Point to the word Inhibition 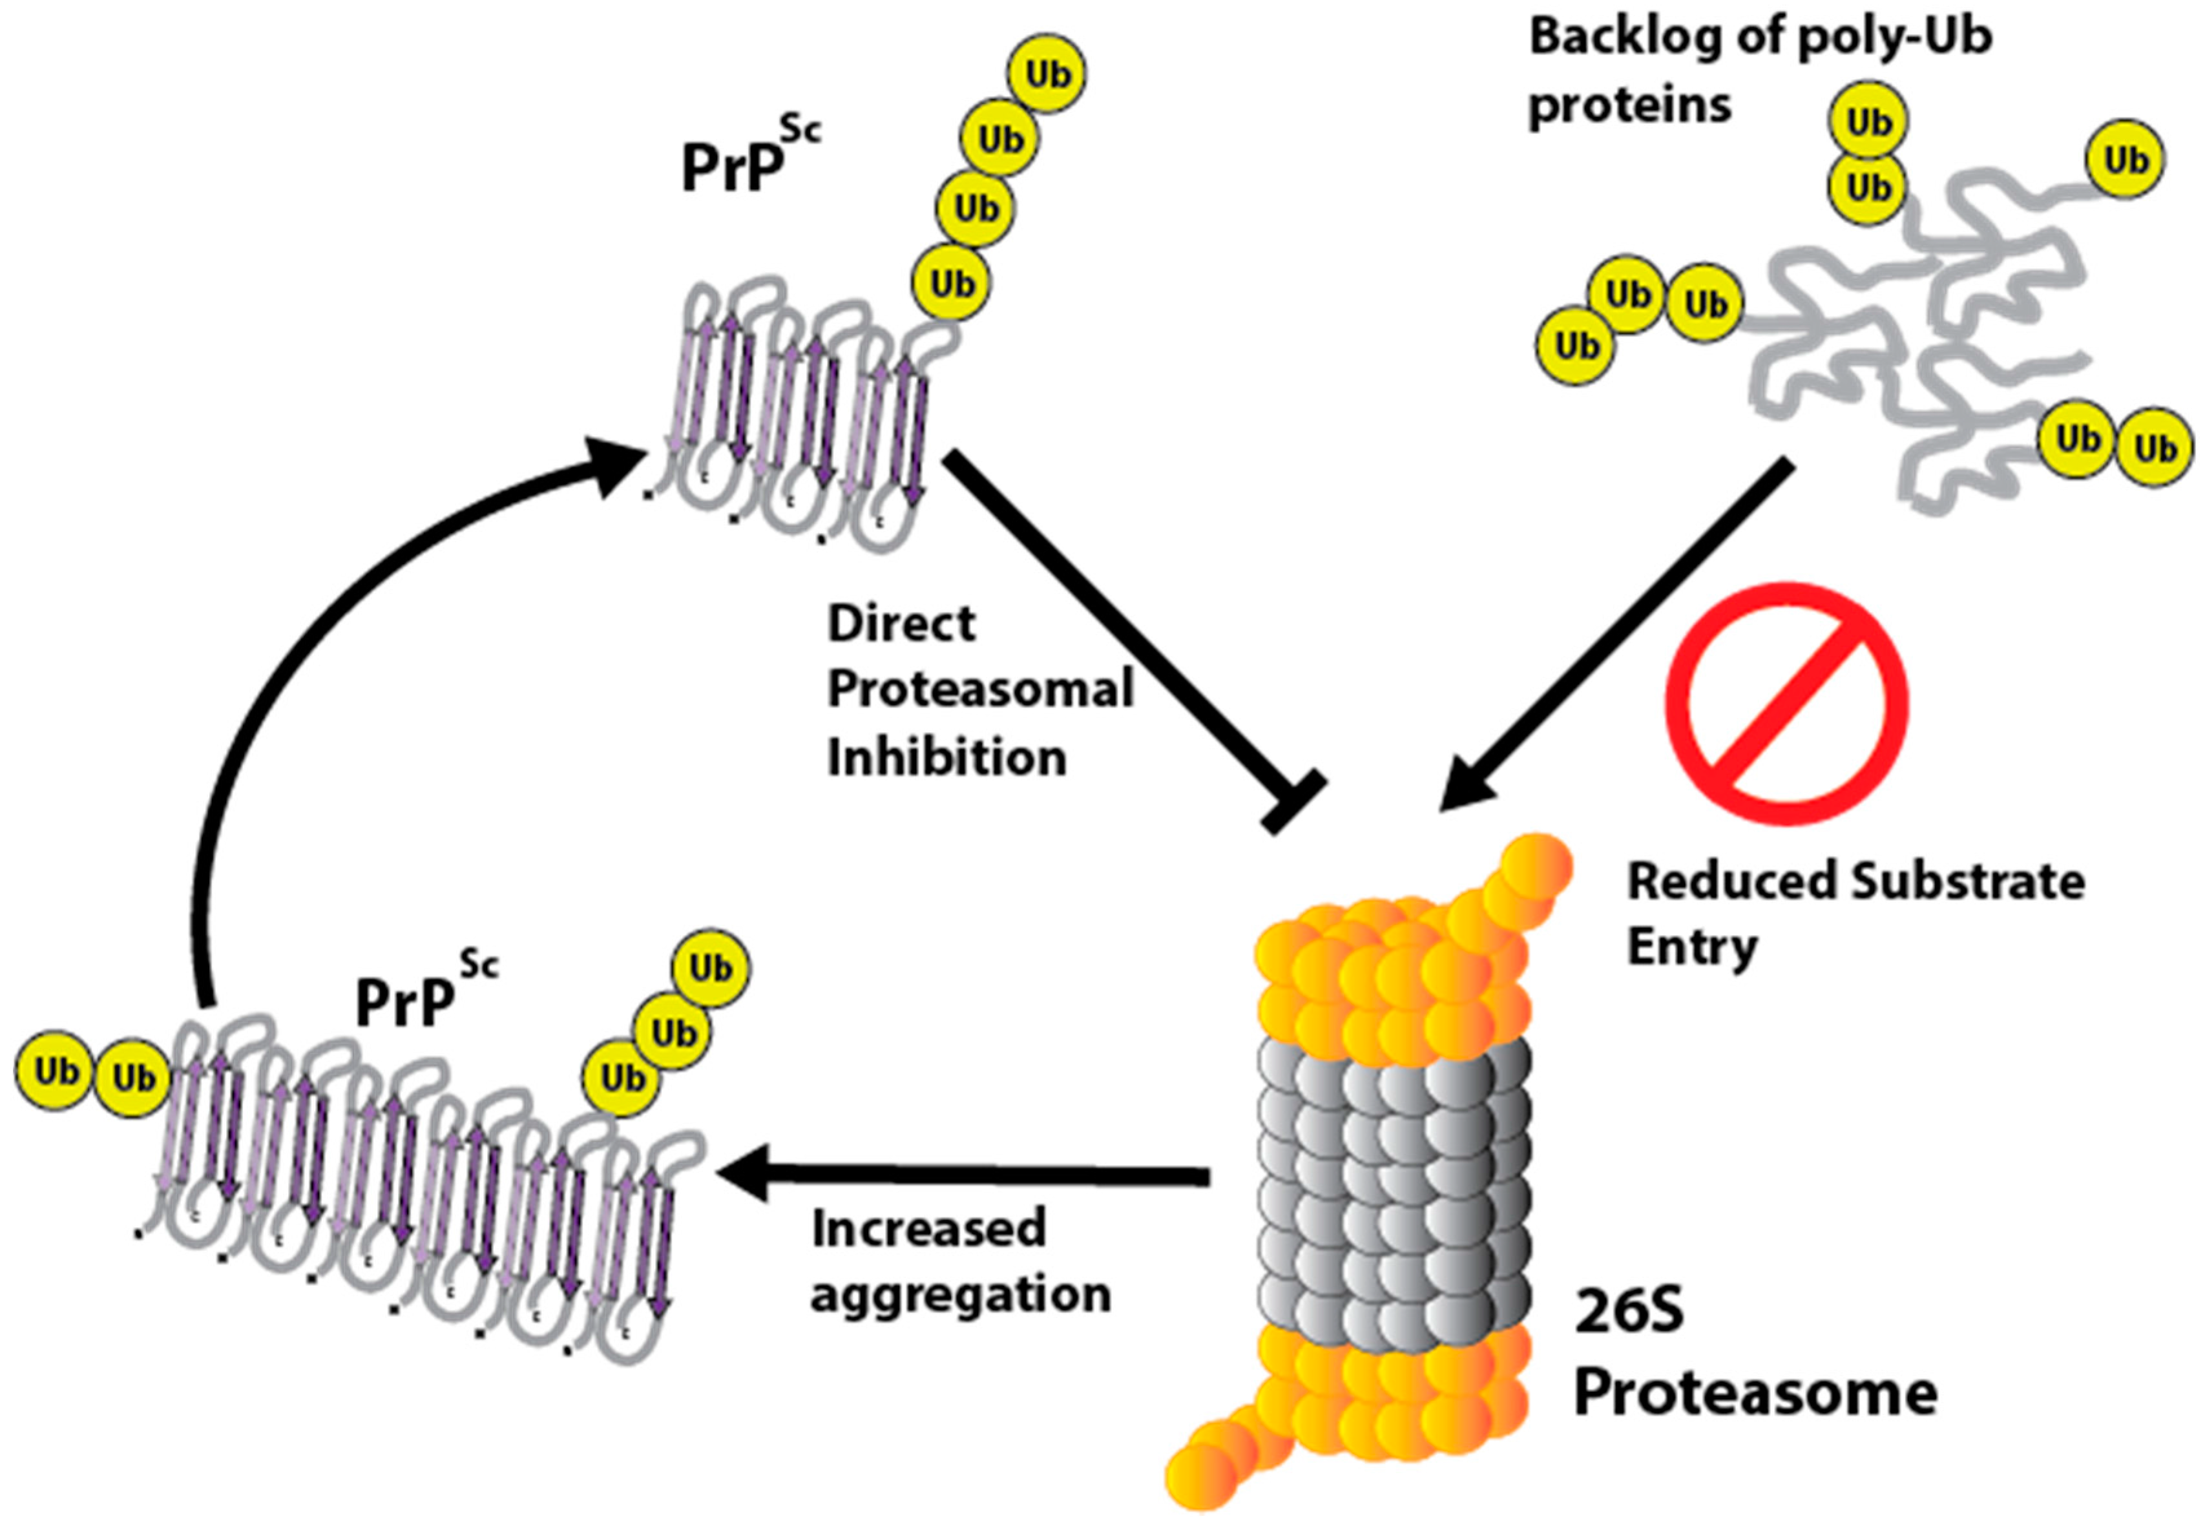[x=946, y=759]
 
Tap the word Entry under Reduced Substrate [x=1691, y=947]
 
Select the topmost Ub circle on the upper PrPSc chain [x=1048, y=74]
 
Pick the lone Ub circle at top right [x=2125, y=160]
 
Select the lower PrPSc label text [x=424, y=997]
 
